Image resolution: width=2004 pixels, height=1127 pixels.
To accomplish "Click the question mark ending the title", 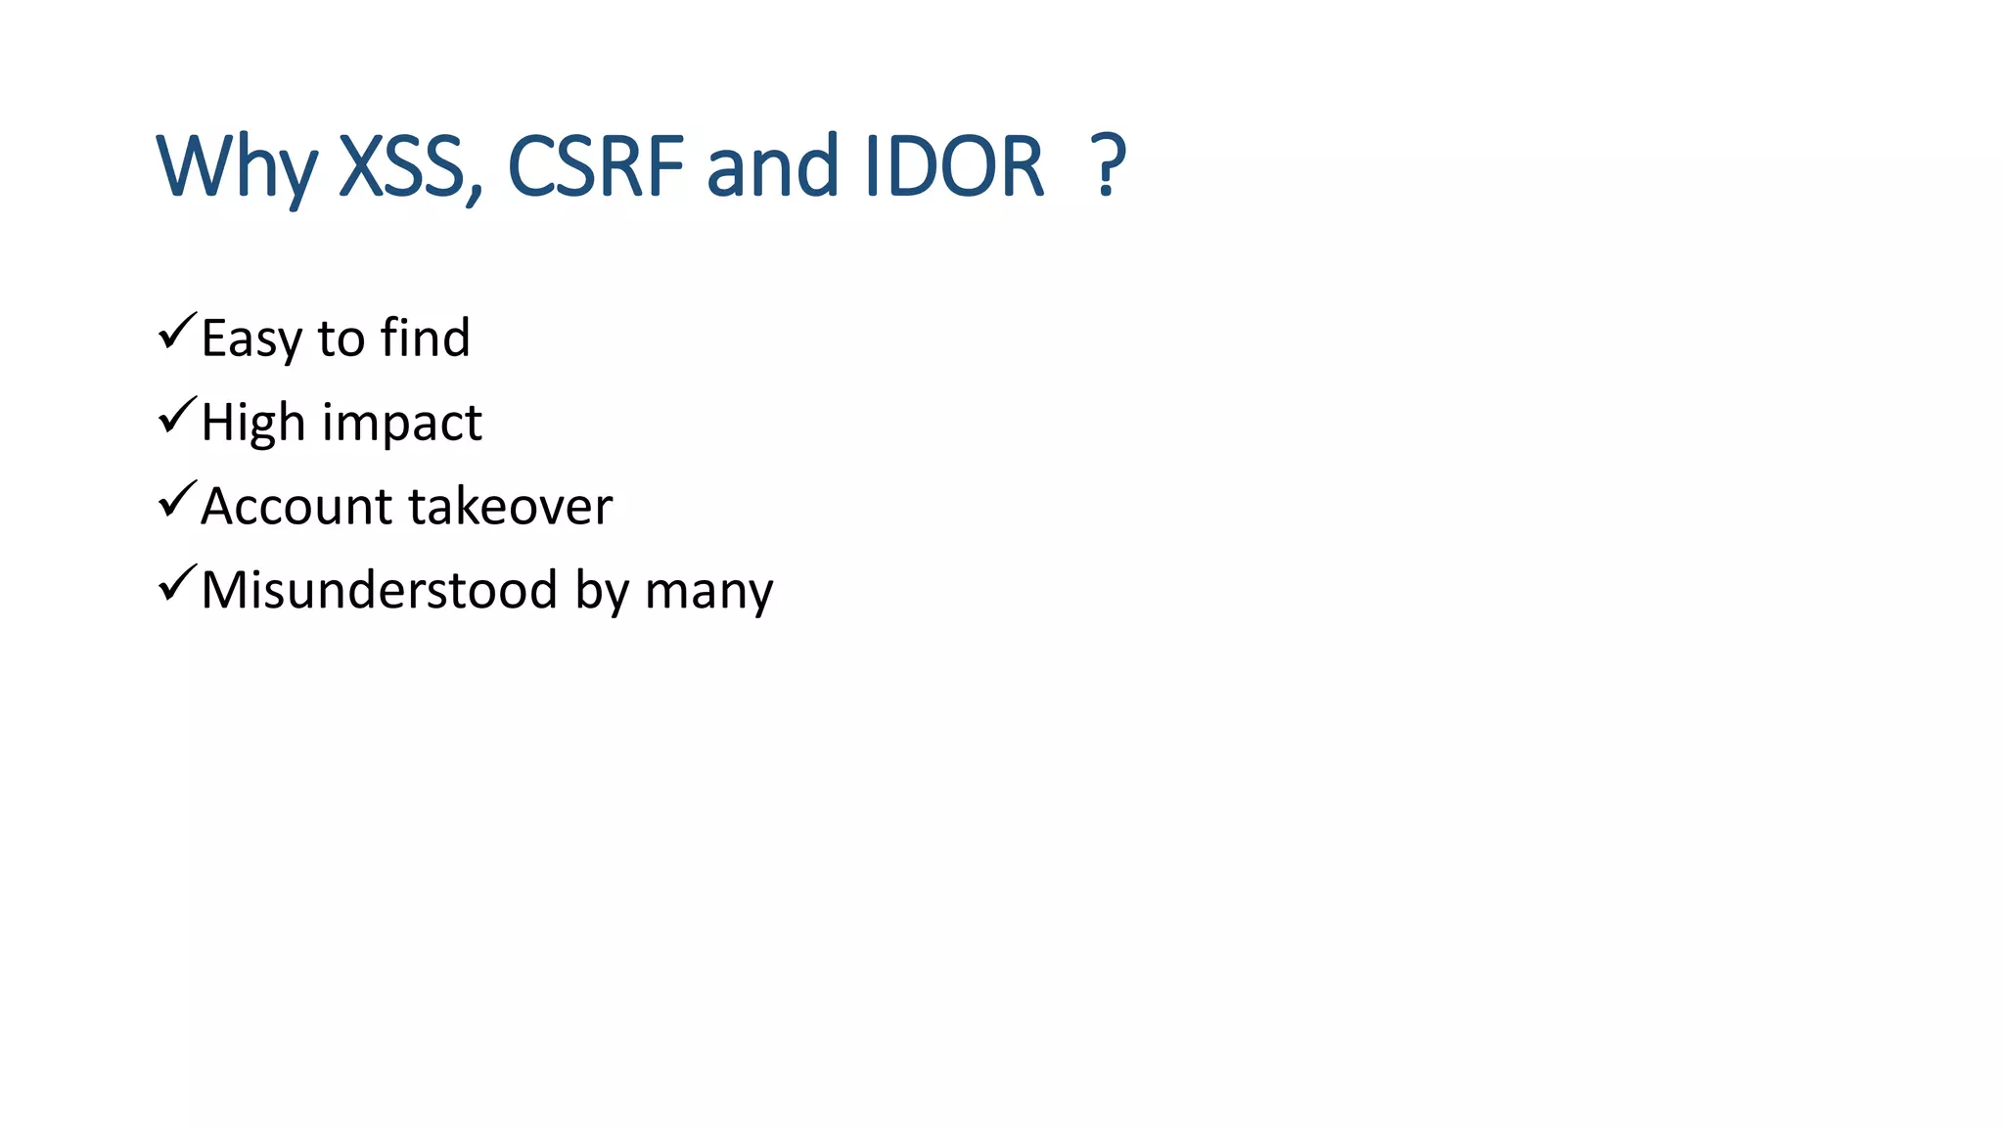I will pos(1108,166).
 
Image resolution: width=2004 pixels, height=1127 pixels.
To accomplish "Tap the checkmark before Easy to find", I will pos(177,332).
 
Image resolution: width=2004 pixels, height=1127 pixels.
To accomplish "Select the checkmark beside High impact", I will pos(177,416).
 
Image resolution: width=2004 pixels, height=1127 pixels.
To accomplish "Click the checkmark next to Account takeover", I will pos(177,500).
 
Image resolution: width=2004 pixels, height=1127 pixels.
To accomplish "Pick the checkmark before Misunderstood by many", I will pos(177,584).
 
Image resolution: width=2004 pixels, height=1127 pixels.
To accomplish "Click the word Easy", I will pos(251,338).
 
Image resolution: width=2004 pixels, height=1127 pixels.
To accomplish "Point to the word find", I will pos(425,338).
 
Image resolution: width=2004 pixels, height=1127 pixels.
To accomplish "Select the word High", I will pos(253,423).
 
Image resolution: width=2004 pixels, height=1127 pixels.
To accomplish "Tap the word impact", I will pos(402,423).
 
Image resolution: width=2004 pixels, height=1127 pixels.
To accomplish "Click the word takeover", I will pos(510,507).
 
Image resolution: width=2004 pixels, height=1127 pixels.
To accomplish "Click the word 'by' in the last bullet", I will pos(601,591).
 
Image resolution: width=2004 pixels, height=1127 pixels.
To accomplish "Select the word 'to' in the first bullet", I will pos(341,338).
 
